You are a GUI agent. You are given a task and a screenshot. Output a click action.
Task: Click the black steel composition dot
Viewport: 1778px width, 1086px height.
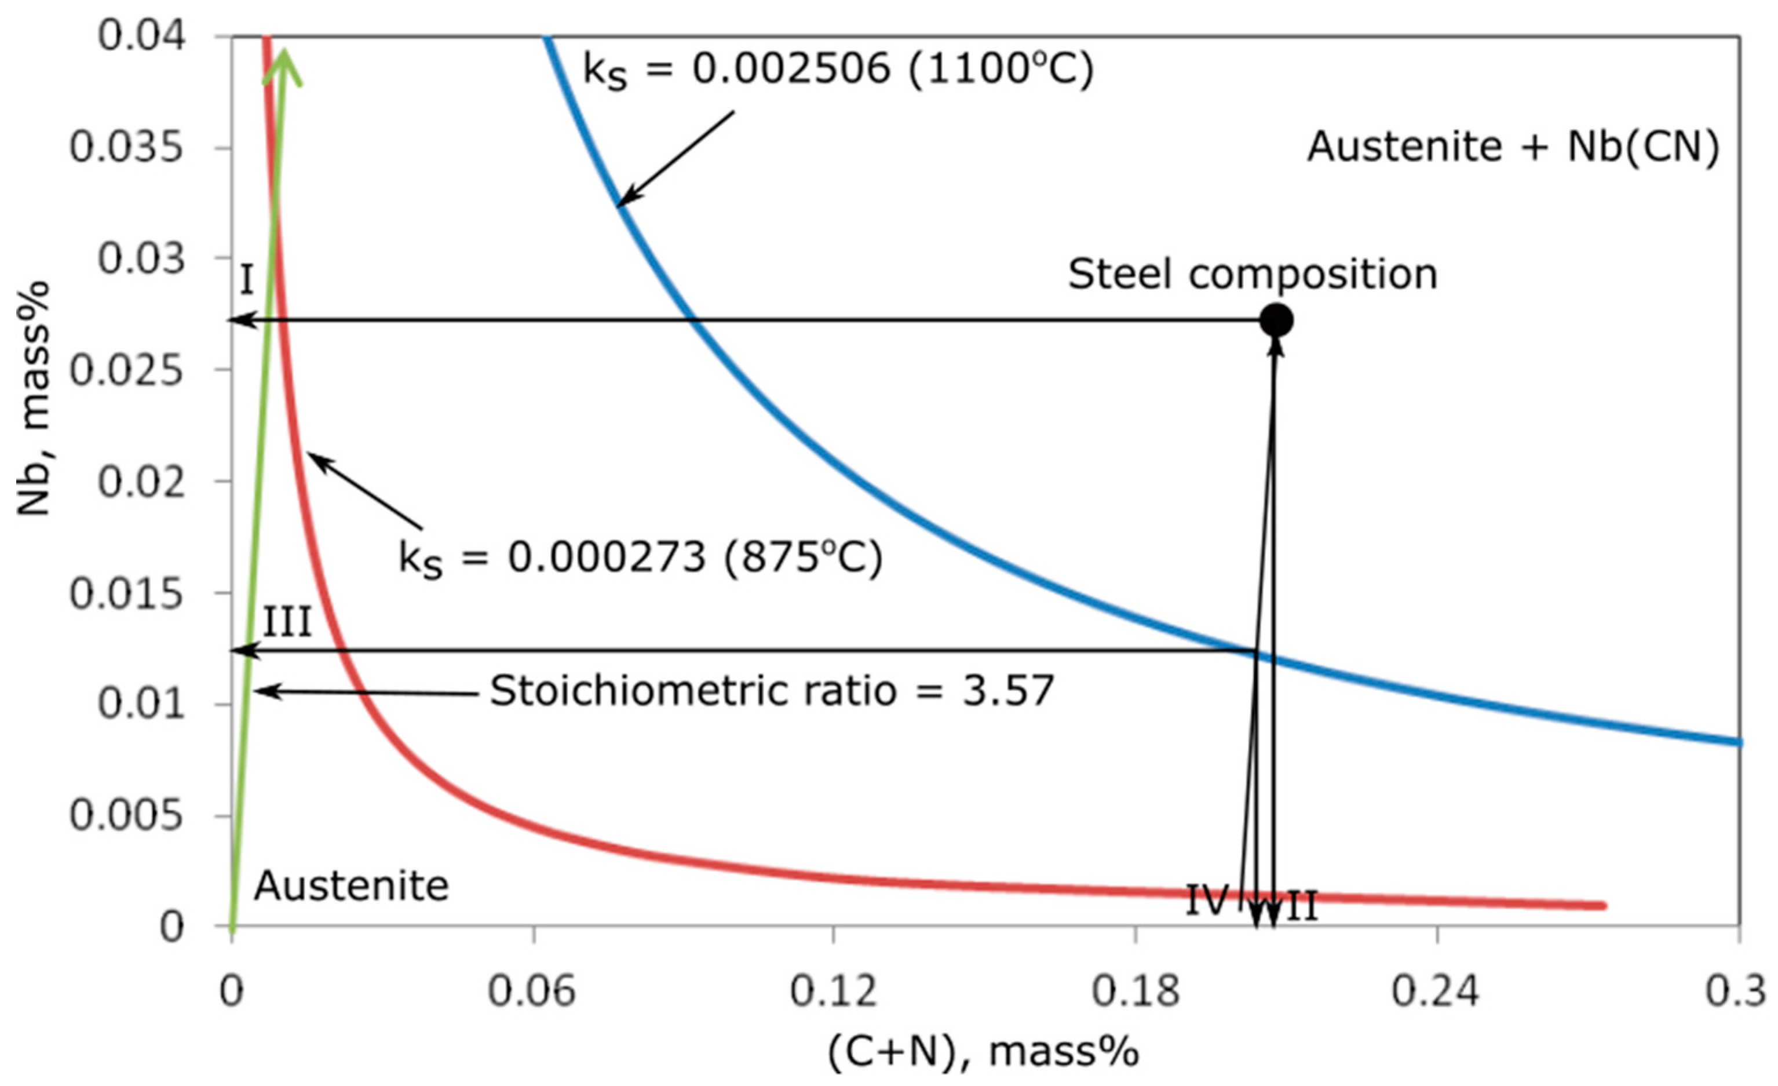(x=1276, y=320)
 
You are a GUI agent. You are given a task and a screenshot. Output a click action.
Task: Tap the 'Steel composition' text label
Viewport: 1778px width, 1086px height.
(x=1253, y=275)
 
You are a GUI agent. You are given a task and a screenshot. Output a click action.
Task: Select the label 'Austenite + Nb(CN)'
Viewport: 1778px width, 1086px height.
(x=1513, y=147)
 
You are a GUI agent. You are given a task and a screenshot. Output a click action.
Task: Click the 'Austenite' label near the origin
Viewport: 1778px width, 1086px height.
(x=352, y=885)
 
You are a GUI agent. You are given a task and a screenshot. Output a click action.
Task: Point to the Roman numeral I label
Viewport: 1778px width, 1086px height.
(x=246, y=280)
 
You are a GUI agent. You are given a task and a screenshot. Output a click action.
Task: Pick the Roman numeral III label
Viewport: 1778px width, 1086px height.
(x=286, y=622)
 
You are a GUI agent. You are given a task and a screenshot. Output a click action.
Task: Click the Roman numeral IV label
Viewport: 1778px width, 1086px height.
(x=1207, y=901)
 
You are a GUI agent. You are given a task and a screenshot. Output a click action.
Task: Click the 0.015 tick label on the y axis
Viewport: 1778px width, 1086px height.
(x=126, y=594)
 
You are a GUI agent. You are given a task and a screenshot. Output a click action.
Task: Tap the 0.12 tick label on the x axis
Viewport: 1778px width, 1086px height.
(x=834, y=992)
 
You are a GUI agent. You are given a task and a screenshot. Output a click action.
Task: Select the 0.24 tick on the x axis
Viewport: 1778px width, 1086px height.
(x=1436, y=992)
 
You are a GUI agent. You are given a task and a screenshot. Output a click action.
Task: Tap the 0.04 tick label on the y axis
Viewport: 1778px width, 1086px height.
(x=141, y=36)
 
